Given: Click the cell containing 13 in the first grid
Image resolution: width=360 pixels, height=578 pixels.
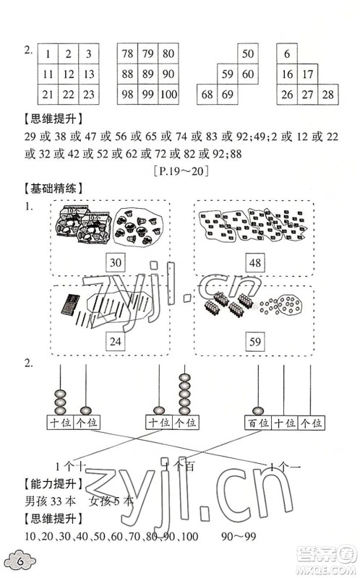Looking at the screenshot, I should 87,74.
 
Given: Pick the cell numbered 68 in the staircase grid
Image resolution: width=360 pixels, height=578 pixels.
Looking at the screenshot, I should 207,95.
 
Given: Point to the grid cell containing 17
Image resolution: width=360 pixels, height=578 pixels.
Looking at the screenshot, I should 307,74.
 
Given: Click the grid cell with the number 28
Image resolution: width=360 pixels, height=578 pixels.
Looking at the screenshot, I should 327,95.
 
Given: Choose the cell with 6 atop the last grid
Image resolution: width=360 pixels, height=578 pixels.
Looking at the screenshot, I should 287,53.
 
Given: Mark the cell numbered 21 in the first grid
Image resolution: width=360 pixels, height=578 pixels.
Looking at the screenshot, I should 47,95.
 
